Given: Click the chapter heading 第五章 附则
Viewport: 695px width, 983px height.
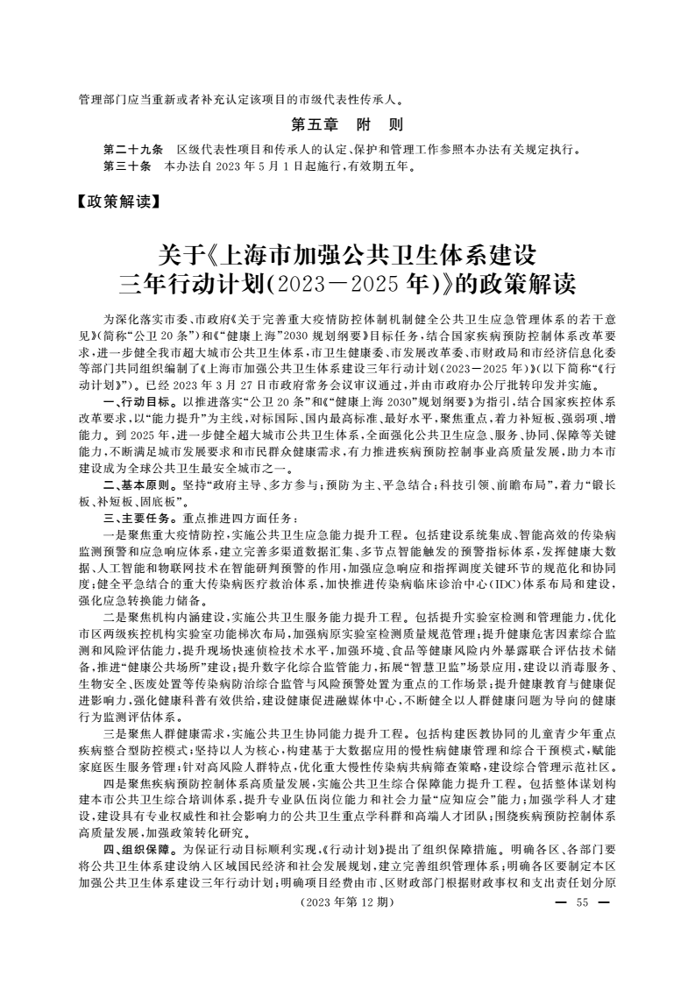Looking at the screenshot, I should click(347, 124).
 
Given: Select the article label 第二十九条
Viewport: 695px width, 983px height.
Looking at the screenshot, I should click(127, 149).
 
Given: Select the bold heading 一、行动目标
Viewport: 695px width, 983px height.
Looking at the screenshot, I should click(133, 400).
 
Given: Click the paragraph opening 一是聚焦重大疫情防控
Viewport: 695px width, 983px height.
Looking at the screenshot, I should click(167, 533).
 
